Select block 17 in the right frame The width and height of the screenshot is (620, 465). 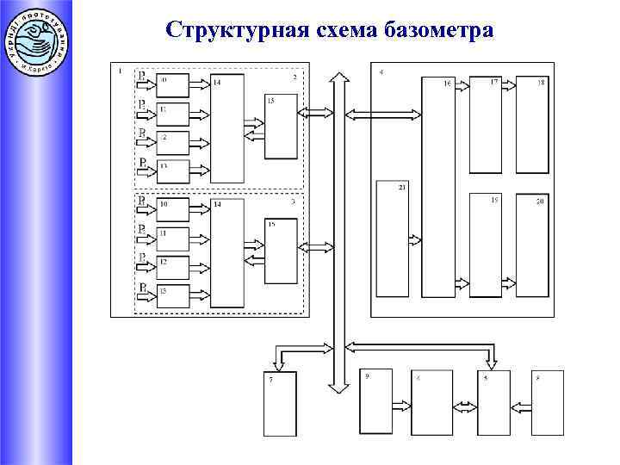point(485,125)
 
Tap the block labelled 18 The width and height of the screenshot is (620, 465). point(532,125)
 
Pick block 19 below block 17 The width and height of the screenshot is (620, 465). point(485,245)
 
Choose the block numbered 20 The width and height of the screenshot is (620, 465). point(532,245)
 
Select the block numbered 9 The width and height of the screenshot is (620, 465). point(375,401)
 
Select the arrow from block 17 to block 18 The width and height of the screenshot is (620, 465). point(509,84)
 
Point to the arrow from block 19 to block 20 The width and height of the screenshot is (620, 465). point(509,282)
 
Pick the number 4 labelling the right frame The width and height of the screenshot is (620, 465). point(381,71)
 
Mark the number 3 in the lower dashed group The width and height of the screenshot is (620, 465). point(294,201)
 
